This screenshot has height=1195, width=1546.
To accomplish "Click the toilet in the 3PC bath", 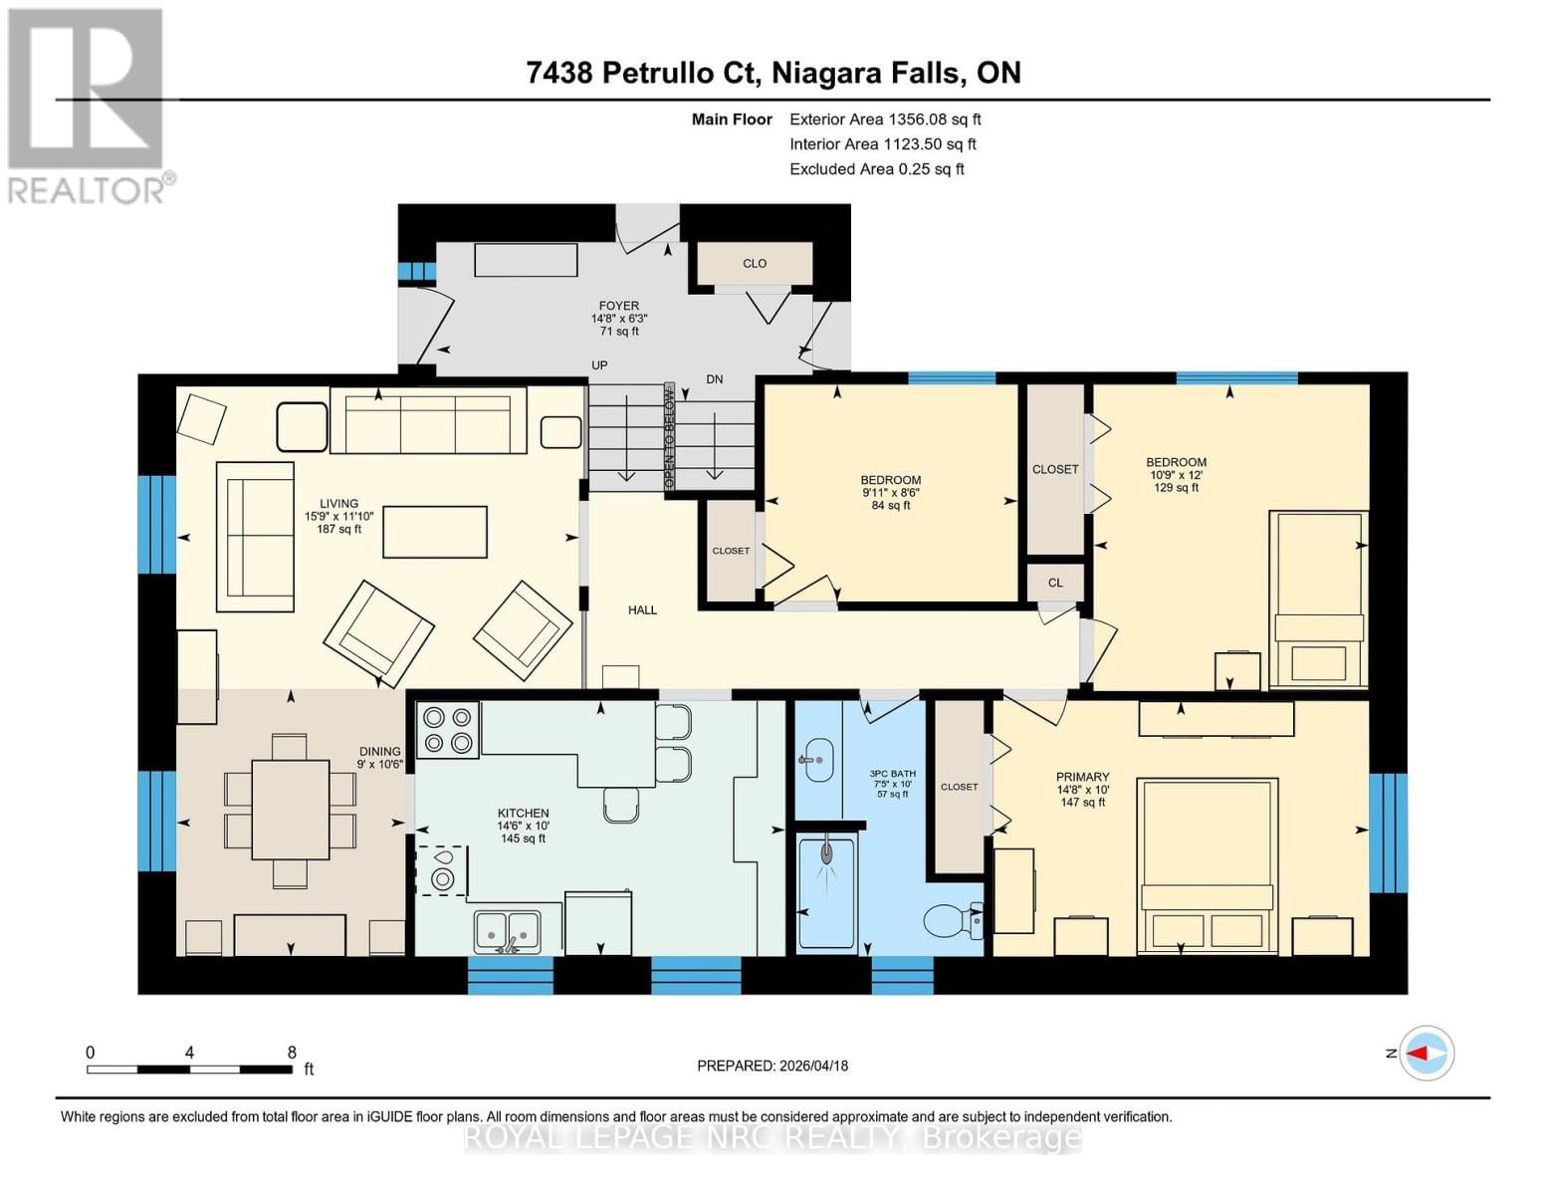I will (x=950, y=920).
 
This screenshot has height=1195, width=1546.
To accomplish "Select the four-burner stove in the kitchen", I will (x=448, y=730).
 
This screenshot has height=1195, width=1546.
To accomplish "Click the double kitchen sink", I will (x=507, y=930).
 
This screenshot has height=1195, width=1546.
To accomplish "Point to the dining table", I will (x=290, y=809).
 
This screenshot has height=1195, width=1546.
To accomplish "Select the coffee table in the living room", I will (x=435, y=532).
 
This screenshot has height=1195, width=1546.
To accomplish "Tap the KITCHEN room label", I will (x=523, y=813).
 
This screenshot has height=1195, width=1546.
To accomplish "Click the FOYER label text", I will (x=618, y=306).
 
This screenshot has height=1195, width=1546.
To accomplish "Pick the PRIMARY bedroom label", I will (x=1082, y=777).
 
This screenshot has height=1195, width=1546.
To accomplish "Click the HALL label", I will (x=642, y=609).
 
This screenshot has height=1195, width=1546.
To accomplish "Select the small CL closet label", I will (x=1055, y=583).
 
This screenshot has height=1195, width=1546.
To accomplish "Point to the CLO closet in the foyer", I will (x=754, y=263).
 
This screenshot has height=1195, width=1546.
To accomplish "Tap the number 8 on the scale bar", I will (x=292, y=1052).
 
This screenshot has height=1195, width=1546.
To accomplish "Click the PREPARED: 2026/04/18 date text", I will (x=773, y=1066).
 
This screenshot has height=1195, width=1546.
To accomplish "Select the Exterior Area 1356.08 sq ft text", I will (x=885, y=119).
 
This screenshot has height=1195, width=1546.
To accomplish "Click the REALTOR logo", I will (x=88, y=105).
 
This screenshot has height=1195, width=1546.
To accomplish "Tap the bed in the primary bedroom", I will (x=1208, y=863).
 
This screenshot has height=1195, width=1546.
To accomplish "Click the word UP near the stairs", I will (x=599, y=365).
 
